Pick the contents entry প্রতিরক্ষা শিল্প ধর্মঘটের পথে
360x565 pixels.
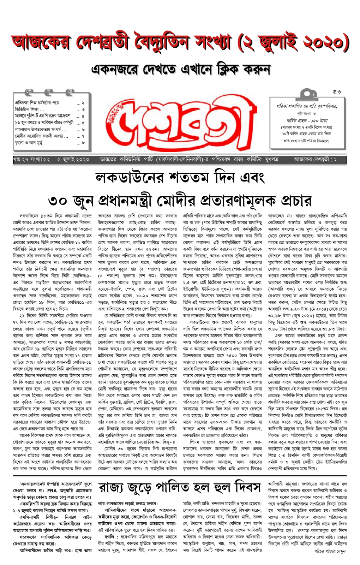(37, 103)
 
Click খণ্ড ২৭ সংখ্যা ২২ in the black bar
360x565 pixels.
(31, 160)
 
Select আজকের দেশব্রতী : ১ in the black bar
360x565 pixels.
(315, 160)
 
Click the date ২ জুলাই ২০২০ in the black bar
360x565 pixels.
(73, 160)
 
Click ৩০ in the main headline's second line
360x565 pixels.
(58, 201)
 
